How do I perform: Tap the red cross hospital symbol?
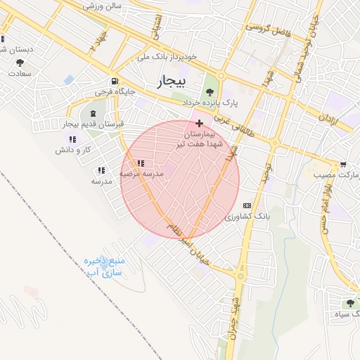click(x=200, y=122)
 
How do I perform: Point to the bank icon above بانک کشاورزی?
click(x=246, y=205)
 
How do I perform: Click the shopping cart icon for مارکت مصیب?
click(x=342, y=163)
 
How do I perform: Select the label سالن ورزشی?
click(x=103, y=6)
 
